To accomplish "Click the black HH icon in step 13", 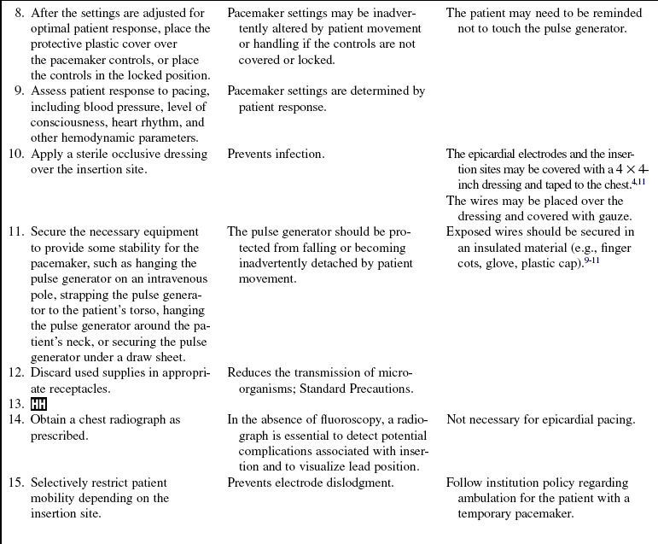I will pos(39,404).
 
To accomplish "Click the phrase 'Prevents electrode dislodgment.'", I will pos(311,483).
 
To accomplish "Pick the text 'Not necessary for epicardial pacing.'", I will pos(540,420).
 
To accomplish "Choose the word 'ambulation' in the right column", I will pos(478,499).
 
